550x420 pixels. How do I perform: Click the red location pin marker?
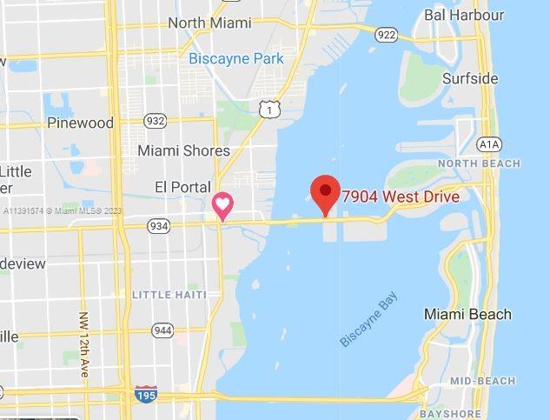(x=325, y=191)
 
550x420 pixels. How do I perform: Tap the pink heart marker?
(x=223, y=206)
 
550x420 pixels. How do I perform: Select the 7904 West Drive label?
(x=401, y=197)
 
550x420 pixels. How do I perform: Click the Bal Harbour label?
(x=464, y=15)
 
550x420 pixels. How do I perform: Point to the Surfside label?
(x=470, y=78)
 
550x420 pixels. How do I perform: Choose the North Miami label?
(x=209, y=23)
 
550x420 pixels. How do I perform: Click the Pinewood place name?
(x=80, y=123)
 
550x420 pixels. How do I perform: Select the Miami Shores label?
(x=183, y=150)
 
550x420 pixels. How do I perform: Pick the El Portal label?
(x=182, y=187)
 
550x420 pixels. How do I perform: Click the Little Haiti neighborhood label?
(x=169, y=295)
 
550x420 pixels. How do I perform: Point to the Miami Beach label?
(x=467, y=314)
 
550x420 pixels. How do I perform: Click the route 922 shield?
(x=387, y=35)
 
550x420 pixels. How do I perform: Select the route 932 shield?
(x=156, y=121)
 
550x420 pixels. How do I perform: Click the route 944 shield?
(x=162, y=330)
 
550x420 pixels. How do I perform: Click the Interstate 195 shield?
(x=146, y=394)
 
